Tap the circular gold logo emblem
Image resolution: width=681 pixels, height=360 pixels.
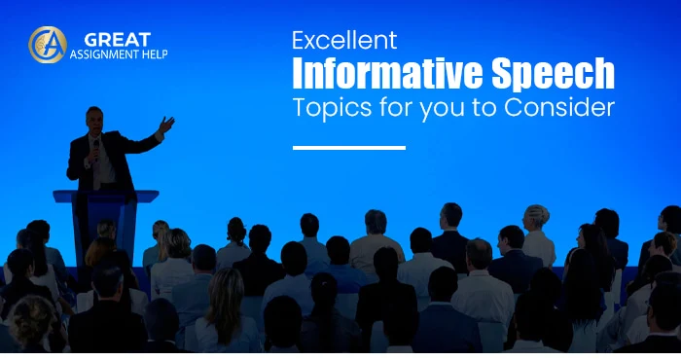coord(47,45)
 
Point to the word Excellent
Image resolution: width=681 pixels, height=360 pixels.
coord(345,41)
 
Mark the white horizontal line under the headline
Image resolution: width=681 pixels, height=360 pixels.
coord(348,148)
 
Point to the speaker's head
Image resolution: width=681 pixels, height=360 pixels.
coord(94,119)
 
